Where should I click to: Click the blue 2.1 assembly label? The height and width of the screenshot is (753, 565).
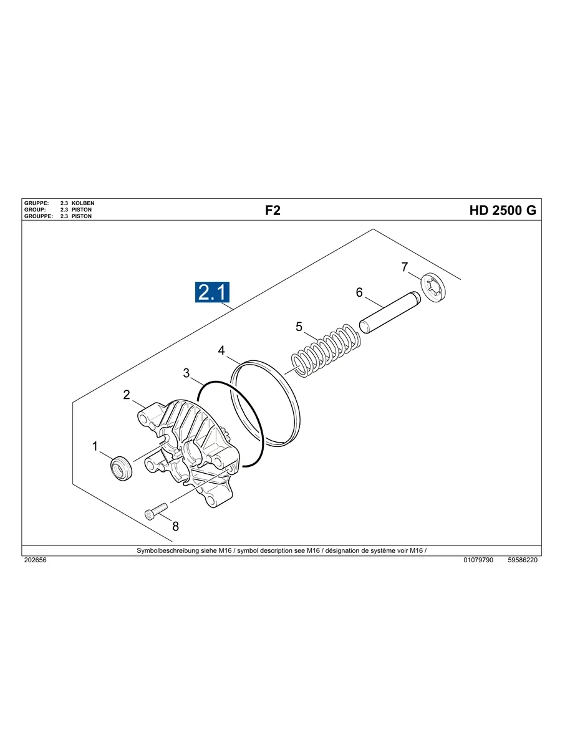[x=213, y=292]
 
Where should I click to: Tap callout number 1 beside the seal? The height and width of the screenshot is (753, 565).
[x=95, y=446]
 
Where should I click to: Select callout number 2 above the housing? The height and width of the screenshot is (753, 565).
[x=127, y=395]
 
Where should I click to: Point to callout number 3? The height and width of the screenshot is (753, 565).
[x=186, y=373]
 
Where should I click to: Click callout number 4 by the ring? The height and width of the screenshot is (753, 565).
[x=221, y=351]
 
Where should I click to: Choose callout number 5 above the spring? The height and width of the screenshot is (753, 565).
[x=299, y=326]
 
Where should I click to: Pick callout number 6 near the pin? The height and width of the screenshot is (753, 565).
[x=359, y=292]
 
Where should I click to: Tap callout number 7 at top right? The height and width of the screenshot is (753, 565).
[x=405, y=267]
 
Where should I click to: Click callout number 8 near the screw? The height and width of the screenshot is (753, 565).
[x=176, y=526]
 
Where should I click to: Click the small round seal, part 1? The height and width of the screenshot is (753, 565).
[x=121, y=468]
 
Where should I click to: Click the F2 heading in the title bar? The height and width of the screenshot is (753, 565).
[x=273, y=211]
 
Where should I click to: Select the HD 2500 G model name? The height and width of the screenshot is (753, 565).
[x=502, y=211]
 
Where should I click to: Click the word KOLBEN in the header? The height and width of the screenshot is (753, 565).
[x=83, y=203]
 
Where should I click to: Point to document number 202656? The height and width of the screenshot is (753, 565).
[x=35, y=560]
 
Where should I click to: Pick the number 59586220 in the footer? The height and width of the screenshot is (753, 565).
[x=523, y=560]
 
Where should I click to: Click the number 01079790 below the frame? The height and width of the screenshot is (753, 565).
[x=478, y=560]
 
